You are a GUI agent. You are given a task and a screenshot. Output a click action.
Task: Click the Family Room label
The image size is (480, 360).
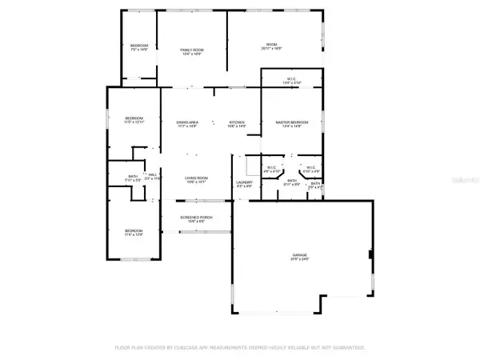click(192, 50)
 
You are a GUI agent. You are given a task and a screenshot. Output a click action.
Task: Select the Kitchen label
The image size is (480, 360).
click(236, 122)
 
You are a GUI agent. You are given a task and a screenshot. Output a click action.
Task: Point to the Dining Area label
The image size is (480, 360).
click(188, 122)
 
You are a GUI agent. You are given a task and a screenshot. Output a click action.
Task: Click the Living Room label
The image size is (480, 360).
click(197, 178)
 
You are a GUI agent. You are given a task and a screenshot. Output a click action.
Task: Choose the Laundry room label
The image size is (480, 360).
click(244, 182)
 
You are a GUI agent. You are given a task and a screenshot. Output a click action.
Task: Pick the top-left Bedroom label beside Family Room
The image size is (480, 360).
click(139, 46)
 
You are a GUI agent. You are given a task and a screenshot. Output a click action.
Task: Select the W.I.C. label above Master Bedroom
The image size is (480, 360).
click(292, 78)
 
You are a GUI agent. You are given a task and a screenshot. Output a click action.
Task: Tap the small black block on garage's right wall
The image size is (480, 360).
click(370, 255)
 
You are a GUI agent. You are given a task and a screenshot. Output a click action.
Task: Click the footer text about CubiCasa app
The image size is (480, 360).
click(240, 348)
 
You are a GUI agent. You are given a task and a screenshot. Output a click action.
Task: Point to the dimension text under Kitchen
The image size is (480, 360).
click(236, 126)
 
